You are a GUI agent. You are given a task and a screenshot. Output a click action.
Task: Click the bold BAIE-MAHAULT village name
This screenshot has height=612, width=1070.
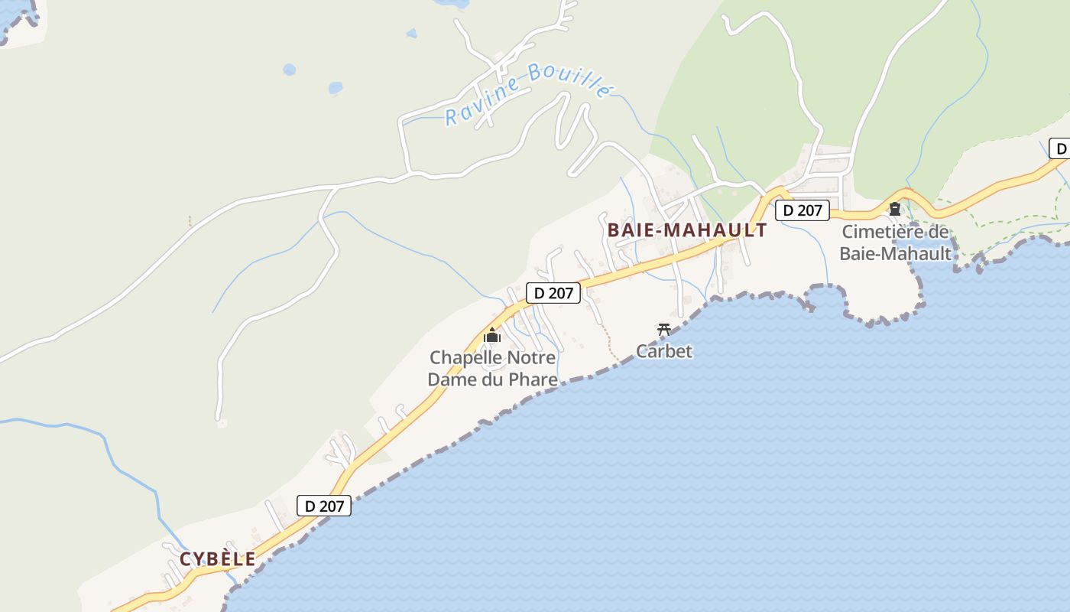[x=686, y=230]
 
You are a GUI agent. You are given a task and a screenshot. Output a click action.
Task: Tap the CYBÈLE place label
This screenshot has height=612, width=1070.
[x=218, y=559]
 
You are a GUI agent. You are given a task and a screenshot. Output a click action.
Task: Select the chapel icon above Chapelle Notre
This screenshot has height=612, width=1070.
[x=492, y=336]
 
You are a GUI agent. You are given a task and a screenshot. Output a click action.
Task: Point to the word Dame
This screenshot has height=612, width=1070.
[x=450, y=379]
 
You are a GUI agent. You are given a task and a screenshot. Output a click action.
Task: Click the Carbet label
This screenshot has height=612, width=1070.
[x=664, y=351]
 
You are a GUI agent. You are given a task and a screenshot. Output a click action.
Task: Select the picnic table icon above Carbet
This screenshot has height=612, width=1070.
[x=664, y=330]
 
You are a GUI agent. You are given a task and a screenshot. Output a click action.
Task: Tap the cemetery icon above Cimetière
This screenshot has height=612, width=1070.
[x=895, y=208]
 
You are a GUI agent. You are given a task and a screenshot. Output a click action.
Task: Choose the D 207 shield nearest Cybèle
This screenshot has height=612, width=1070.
[x=323, y=505]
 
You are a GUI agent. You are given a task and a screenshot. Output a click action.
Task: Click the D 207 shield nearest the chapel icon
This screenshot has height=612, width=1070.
[x=553, y=292]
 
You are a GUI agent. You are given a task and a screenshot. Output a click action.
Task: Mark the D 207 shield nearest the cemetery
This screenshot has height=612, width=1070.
[x=802, y=210]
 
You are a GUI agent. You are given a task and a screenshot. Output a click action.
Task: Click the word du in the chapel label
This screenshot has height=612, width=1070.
[x=502, y=379]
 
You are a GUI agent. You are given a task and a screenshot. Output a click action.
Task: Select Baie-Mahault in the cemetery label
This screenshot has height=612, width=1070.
[x=895, y=253]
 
